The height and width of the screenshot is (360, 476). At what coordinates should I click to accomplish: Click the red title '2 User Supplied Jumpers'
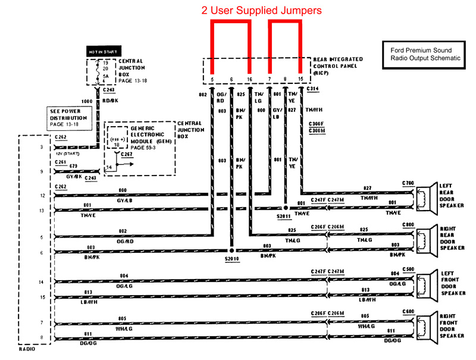point(262,10)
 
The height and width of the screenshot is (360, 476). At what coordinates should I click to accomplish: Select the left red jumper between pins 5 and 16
point(230,24)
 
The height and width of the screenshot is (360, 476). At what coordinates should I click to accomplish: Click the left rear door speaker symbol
point(423,198)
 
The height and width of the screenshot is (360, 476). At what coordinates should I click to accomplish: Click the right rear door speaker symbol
point(423,238)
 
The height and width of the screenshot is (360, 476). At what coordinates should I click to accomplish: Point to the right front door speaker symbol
point(423,326)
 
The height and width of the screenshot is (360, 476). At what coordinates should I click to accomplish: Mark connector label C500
point(408,268)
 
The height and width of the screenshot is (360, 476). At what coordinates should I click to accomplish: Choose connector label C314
point(313,90)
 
